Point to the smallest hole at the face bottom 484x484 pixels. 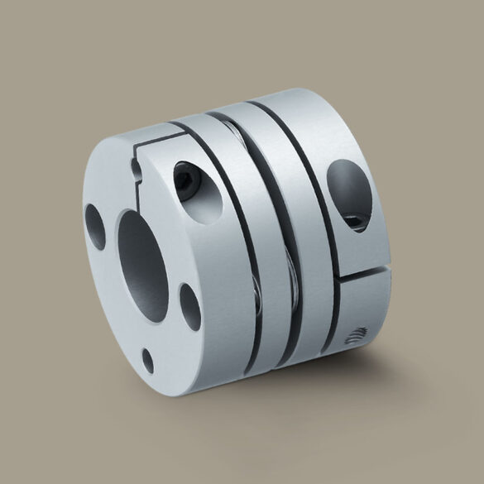pyautogui.click(x=148, y=357)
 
